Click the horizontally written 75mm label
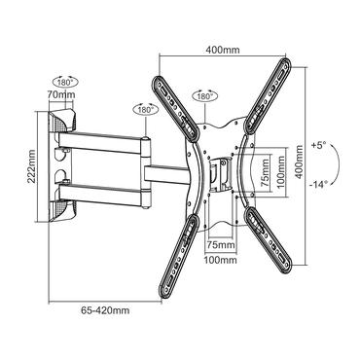pyautogui.click(x=219, y=246)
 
